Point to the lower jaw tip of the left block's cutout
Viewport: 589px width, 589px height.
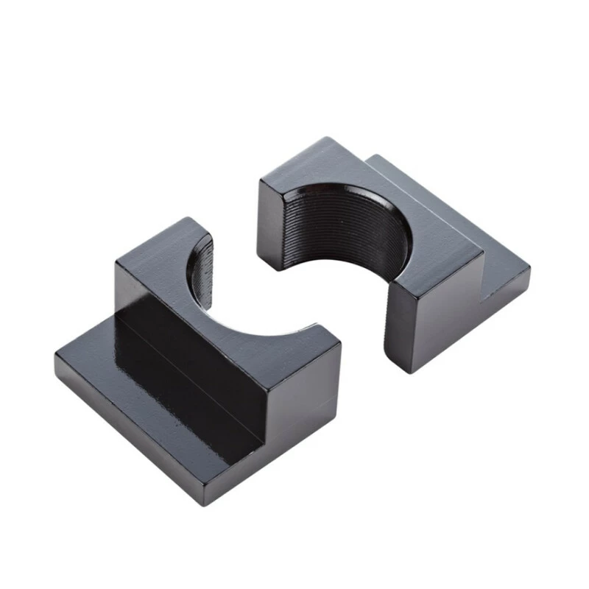click(x=320, y=328)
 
